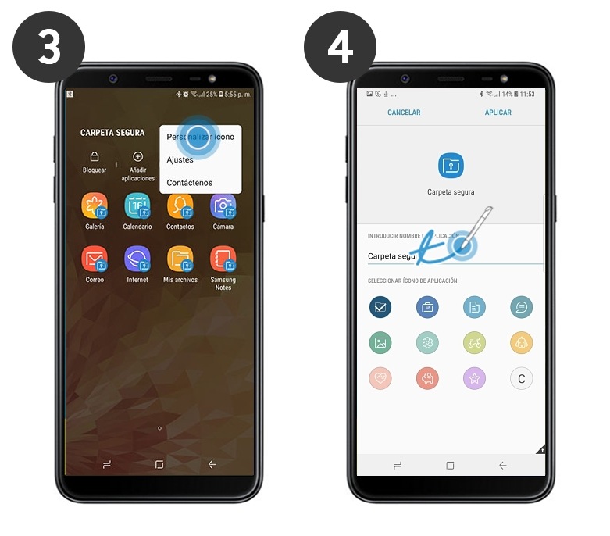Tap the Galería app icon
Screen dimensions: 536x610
[x=95, y=207]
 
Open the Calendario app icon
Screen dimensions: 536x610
[x=137, y=207]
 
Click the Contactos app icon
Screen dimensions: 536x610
[x=180, y=207]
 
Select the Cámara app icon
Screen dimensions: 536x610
[x=223, y=207]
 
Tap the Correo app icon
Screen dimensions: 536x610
[x=95, y=259]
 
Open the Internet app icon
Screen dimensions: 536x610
[x=137, y=259]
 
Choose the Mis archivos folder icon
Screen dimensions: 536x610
[x=180, y=259]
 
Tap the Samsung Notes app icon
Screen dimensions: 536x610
[x=223, y=259]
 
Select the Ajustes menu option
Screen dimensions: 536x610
[x=180, y=159]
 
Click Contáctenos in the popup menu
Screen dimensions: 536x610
[x=189, y=183]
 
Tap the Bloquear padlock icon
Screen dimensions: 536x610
[x=95, y=157]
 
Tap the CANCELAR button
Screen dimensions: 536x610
[x=404, y=113]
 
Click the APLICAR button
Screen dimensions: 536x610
[x=498, y=113]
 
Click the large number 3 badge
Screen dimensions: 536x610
[x=48, y=47]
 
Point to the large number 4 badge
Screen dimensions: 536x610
[x=340, y=47]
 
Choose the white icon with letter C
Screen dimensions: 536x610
[x=522, y=380]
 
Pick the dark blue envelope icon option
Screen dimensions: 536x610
[x=380, y=307]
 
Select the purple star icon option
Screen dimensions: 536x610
[x=474, y=380]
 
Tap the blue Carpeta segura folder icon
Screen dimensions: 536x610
[x=451, y=166]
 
